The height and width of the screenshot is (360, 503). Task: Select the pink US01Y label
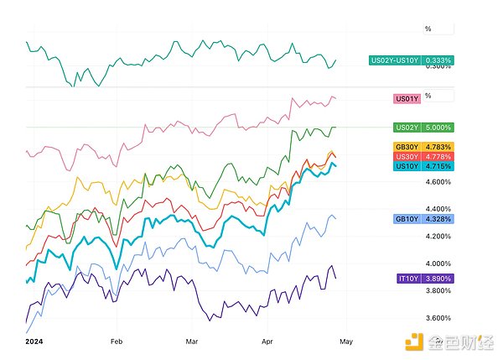click(x=407, y=99)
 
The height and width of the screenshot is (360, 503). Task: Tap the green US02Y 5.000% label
click(x=423, y=128)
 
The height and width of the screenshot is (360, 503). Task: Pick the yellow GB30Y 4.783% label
click(x=423, y=147)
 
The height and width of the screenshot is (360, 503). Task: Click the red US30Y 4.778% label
click(x=423, y=157)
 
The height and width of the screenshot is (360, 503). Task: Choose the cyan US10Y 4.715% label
click(x=423, y=166)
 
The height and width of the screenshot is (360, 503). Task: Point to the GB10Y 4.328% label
click(x=423, y=219)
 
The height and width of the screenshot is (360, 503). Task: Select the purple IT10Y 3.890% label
click(x=423, y=277)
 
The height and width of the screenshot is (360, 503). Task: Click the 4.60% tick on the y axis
click(x=438, y=181)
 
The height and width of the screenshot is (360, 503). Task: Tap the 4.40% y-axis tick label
click(x=438, y=209)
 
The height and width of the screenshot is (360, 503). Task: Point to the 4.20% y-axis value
click(x=438, y=236)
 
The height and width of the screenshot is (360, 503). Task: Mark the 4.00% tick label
click(x=438, y=263)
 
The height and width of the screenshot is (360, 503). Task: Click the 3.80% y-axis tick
click(x=438, y=290)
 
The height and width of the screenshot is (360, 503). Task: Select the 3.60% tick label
click(x=438, y=318)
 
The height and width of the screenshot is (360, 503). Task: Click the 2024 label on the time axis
click(x=34, y=342)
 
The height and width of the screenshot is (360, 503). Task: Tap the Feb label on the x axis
click(x=117, y=342)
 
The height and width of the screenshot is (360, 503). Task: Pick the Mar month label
click(x=192, y=342)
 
